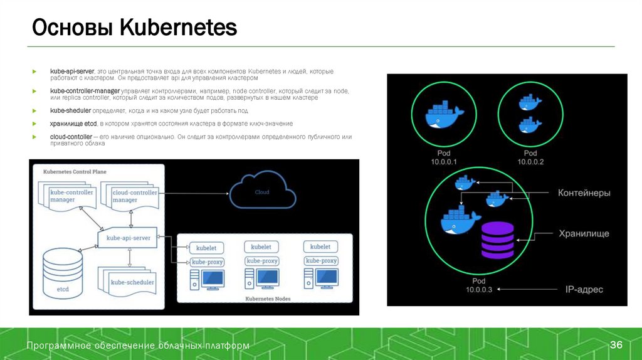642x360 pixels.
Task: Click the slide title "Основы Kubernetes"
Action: tap(134, 28)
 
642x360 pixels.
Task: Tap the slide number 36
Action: tap(616, 346)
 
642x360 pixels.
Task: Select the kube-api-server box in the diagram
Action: tap(128, 238)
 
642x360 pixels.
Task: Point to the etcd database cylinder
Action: tap(63, 273)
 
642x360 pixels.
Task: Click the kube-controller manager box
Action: tap(71, 196)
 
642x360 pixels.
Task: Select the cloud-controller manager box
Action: tap(134, 196)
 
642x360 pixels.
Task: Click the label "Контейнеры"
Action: tap(584, 193)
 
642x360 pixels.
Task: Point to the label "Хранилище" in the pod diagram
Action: tap(584, 234)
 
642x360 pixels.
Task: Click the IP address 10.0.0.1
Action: tap(444, 162)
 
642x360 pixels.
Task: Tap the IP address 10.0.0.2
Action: tap(530, 162)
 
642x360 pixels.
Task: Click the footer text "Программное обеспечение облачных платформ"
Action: tap(138, 346)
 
